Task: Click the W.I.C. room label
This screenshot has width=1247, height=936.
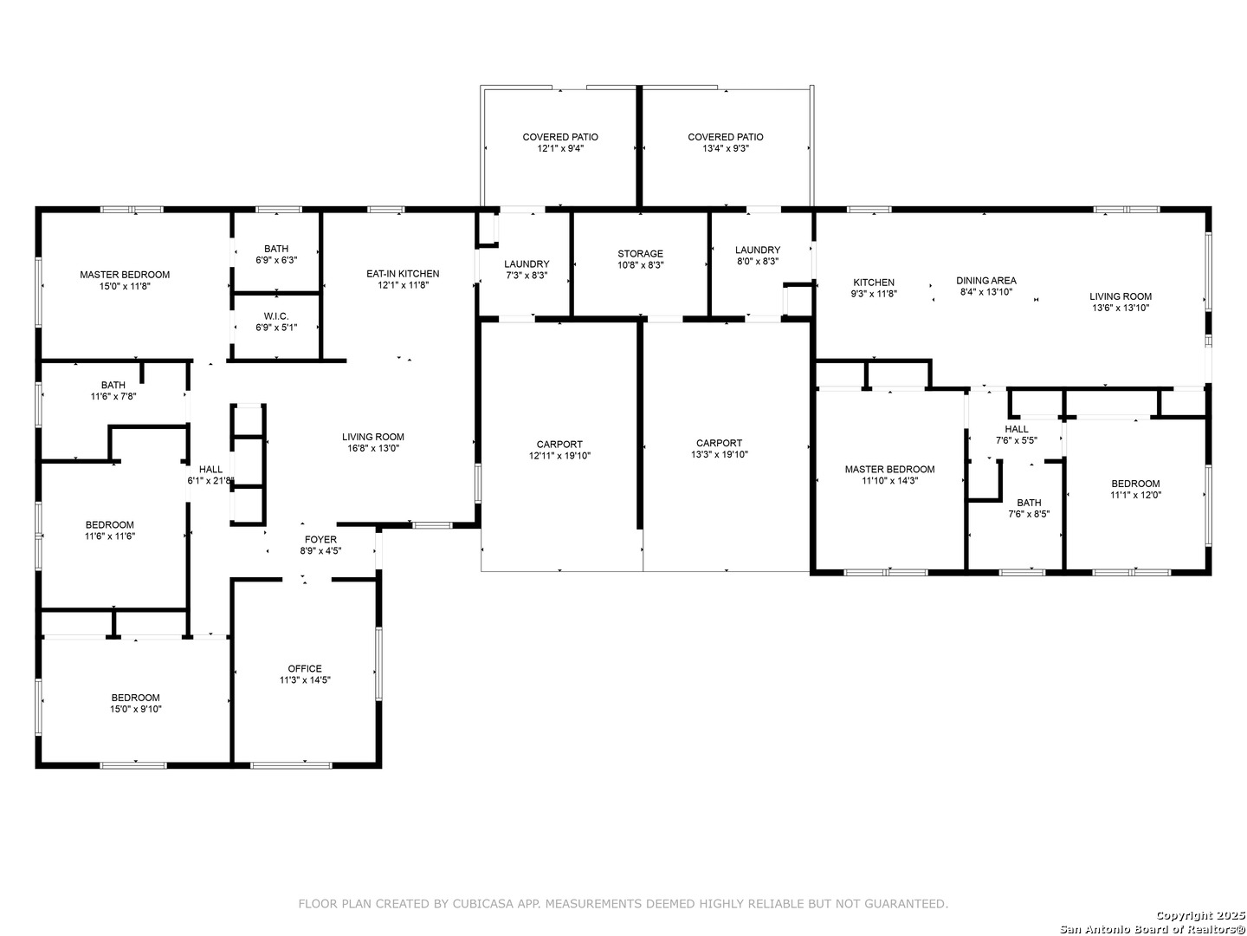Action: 276,316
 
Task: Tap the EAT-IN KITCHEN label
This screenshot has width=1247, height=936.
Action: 403,274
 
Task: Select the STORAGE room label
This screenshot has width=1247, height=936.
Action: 640,254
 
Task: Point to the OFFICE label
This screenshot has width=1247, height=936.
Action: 305,669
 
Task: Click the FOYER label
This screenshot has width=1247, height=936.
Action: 320,539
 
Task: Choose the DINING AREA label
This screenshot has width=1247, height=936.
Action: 986,281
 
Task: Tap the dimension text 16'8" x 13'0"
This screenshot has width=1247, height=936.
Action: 373,448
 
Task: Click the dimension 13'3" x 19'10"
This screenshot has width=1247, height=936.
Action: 720,455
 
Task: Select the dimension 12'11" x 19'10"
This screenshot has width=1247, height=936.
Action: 559,456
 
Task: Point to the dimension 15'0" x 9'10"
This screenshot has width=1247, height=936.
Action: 136,709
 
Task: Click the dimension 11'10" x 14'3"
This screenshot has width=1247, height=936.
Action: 889,481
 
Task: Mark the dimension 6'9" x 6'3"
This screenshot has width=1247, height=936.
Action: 276,260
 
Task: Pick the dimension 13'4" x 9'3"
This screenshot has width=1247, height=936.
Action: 726,148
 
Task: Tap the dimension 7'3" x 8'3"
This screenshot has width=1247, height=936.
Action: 527,276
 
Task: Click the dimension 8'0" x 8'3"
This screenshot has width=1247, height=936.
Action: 757,262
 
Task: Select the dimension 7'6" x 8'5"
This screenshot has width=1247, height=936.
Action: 1029,514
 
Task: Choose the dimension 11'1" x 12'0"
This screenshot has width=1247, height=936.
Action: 1135,495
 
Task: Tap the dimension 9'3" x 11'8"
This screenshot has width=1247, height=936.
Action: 874,294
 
